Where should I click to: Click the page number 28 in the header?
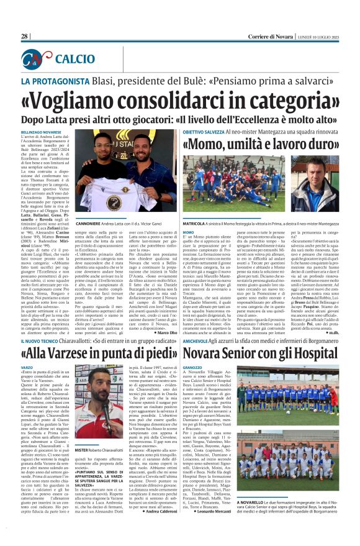tap(25, 37)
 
